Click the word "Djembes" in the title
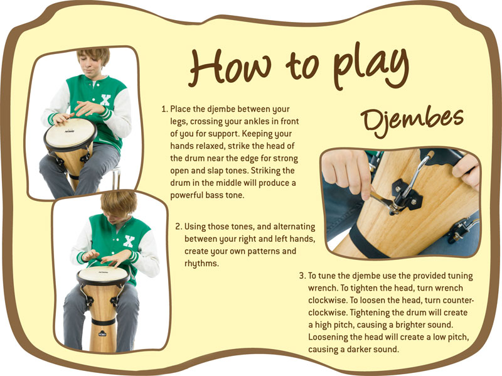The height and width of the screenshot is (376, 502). (412, 121)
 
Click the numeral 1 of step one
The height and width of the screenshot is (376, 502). (164, 109)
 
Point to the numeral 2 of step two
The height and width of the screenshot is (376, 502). (178, 227)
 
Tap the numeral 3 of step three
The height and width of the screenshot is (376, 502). (302, 276)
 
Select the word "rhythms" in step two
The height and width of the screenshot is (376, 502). (200, 264)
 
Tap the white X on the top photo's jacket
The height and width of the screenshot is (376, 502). (105, 100)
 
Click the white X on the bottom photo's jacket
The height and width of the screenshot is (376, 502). (129, 241)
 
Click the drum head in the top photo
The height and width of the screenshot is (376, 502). (70, 134)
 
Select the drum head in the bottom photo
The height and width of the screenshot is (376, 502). (102, 274)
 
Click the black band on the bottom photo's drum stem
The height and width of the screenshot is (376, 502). (104, 321)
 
